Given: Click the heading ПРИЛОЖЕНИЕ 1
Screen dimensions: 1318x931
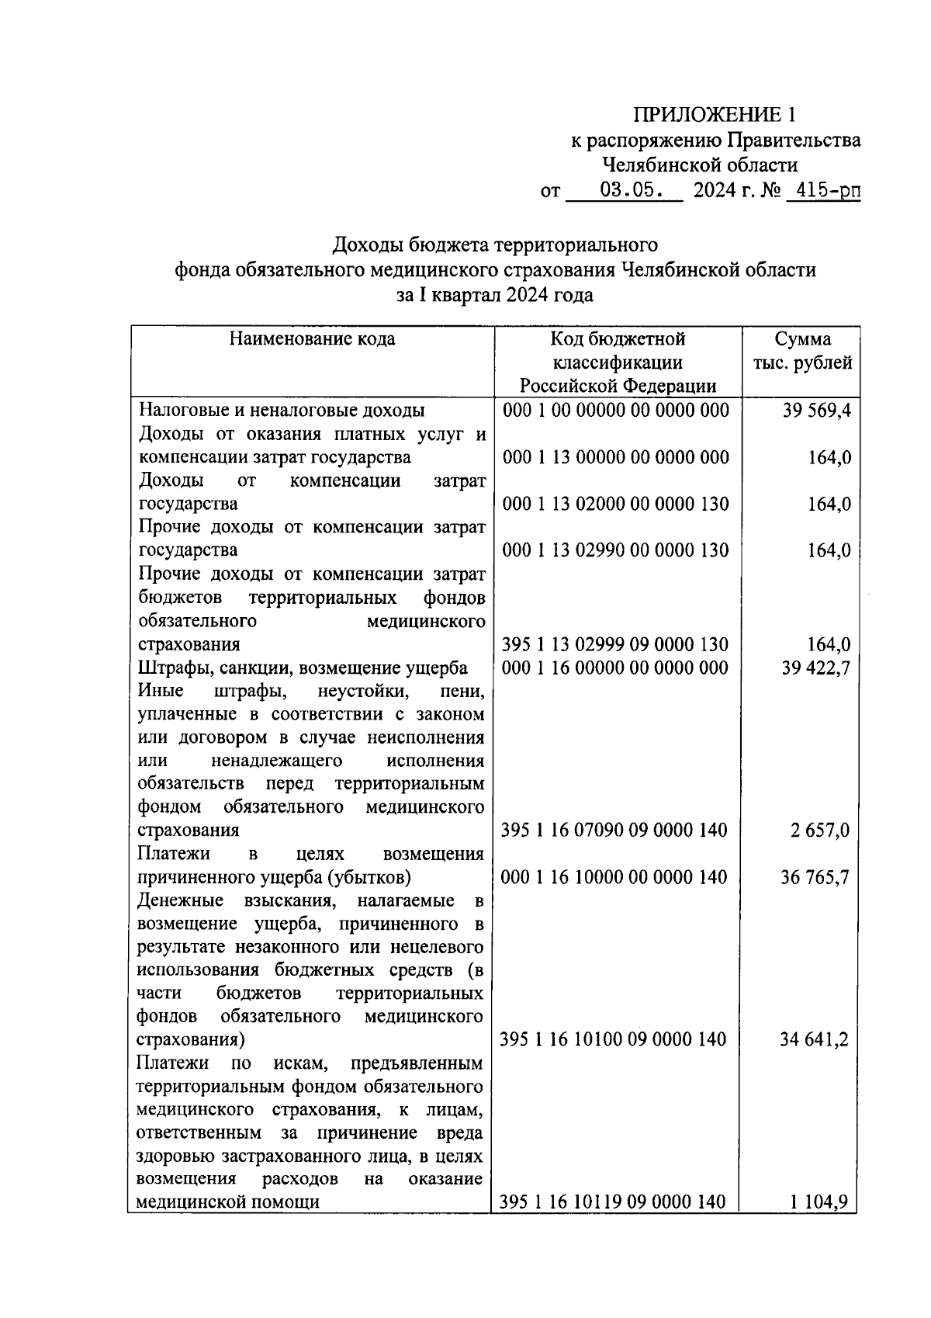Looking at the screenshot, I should (714, 115).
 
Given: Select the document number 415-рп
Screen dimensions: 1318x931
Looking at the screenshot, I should (823, 189).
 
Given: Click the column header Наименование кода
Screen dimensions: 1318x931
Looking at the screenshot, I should (312, 339).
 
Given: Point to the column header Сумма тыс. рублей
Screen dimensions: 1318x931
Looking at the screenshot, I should (802, 351).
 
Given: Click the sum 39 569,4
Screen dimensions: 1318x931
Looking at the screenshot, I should (816, 411).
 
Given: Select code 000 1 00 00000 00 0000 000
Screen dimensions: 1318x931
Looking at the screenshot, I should (616, 411).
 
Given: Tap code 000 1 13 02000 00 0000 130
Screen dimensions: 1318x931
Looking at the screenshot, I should (616, 505).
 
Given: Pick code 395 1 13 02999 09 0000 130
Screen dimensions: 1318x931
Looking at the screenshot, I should (615, 644).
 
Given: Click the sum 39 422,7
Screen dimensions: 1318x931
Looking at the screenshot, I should (816, 668).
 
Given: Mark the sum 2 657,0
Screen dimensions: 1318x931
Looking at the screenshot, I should (820, 831).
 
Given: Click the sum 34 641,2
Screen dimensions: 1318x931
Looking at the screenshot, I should (814, 1039).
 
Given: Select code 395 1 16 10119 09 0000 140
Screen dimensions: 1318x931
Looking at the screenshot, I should (613, 1202).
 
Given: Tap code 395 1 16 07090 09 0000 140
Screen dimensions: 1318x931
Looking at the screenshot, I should (614, 831).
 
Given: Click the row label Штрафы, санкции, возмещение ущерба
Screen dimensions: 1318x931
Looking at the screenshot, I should (303, 668).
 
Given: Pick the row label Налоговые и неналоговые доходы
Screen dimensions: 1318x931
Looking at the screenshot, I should (282, 411).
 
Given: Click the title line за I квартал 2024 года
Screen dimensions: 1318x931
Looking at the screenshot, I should (495, 295).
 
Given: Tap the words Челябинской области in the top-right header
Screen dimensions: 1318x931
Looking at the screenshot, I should (700, 165).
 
